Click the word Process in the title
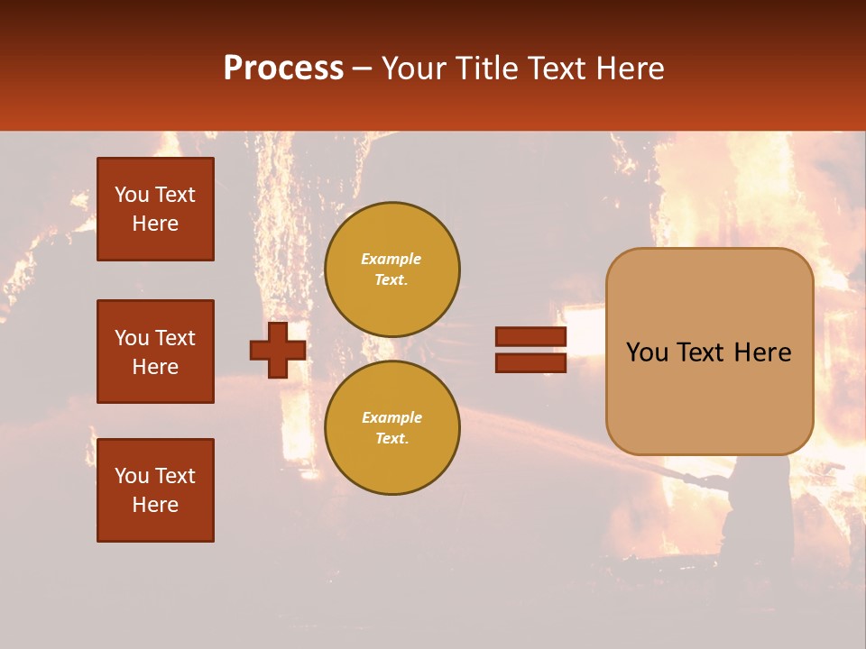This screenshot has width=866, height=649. (x=283, y=69)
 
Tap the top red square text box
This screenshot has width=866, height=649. (x=155, y=209)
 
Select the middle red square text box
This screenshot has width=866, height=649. (x=155, y=352)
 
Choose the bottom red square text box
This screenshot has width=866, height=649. (x=155, y=490)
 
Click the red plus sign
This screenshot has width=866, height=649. (x=278, y=350)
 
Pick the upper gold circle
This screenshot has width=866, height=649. (x=392, y=269)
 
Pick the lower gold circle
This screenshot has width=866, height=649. (x=392, y=427)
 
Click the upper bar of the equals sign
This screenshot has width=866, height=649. (x=530, y=336)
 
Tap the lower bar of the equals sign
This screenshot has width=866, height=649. (x=530, y=362)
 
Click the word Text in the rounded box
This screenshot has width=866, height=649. (x=697, y=352)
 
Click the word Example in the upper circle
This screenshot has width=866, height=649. (x=391, y=259)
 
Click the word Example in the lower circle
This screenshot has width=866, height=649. (x=391, y=417)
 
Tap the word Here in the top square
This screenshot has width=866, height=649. (x=155, y=224)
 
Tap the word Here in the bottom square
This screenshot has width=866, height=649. (x=155, y=505)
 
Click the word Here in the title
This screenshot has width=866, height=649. (x=631, y=69)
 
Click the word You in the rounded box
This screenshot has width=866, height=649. (x=647, y=352)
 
